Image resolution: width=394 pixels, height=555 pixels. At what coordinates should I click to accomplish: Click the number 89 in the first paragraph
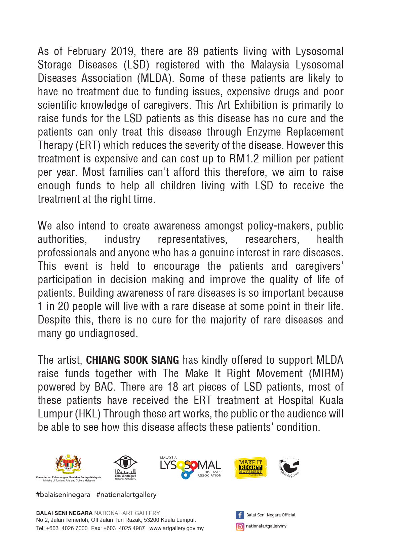click(x=193, y=51)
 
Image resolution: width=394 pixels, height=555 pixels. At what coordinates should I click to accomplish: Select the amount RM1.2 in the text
click(x=244, y=159)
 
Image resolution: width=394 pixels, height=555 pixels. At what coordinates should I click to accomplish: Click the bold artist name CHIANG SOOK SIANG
click(x=132, y=360)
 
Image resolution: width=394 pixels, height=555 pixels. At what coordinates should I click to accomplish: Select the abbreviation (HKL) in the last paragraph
click(x=87, y=414)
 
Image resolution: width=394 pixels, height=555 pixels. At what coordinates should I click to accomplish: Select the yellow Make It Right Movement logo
click(x=250, y=467)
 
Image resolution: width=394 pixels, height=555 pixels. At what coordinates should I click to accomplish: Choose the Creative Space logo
click(x=289, y=467)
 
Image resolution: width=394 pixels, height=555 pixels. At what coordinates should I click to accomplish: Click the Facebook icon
click(x=240, y=515)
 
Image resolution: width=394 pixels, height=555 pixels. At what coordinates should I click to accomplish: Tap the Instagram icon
click(x=240, y=526)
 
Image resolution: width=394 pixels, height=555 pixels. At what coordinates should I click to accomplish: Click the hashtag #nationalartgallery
click(x=126, y=495)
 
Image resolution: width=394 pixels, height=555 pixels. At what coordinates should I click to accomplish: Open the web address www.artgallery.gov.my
click(x=176, y=528)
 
